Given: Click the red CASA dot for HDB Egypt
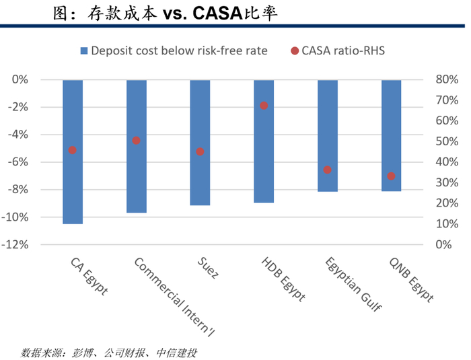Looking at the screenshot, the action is [x=264, y=106].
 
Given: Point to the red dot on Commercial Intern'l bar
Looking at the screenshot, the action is [x=136, y=141].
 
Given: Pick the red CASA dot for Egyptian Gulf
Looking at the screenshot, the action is [x=328, y=170].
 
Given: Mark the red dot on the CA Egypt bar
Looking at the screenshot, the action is [x=73, y=150].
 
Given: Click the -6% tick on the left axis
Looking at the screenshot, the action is [x=18, y=162].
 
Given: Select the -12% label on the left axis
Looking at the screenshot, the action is [x=15, y=245].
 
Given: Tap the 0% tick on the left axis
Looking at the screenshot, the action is [x=20, y=79].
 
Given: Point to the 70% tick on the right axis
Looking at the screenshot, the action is [x=447, y=100].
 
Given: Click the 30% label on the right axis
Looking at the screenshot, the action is [x=447, y=182].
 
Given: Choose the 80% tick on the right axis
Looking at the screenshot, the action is [x=447, y=79].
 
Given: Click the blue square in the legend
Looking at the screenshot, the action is [x=84, y=50].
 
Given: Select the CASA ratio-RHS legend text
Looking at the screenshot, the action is [x=343, y=50].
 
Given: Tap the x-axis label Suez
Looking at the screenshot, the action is [x=208, y=268].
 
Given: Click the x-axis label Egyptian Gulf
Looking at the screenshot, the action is [x=353, y=284].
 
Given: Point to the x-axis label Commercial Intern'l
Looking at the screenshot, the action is [x=174, y=297].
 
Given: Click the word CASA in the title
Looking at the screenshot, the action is [x=217, y=13].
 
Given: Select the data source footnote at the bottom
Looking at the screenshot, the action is [x=109, y=353].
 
